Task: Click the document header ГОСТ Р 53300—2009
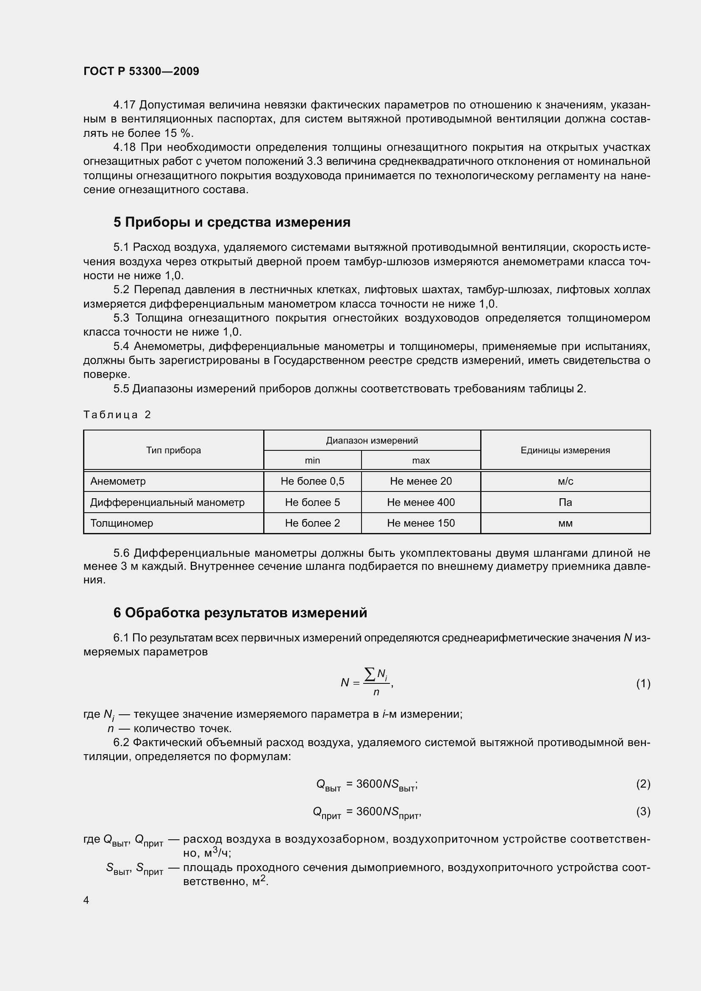click(141, 72)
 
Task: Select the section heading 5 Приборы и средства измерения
click(232, 222)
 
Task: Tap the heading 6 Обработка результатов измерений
click(240, 613)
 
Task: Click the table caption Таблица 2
click(117, 415)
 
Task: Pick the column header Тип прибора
click(173, 450)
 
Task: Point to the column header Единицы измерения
click(565, 450)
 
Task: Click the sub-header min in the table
click(312, 461)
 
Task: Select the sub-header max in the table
click(420, 461)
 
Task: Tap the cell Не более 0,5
click(312, 481)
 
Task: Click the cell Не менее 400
click(420, 502)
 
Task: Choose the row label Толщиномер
click(122, 523)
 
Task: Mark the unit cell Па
click(565, 502)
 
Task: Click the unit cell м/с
click(565, 481)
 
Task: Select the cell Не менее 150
click(420, 523)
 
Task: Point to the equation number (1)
click(643, 683)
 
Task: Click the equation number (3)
click(643, 811)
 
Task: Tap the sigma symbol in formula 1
click(370, 674)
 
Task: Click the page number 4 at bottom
click(86, 900)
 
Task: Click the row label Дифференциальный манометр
click(167, 502)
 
